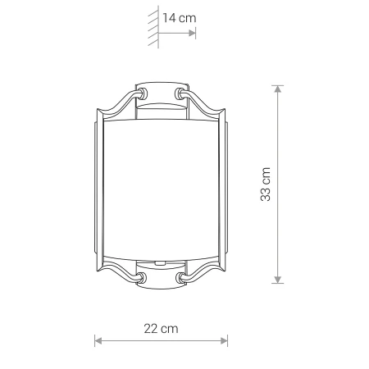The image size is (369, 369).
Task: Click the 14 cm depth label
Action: [180, 18]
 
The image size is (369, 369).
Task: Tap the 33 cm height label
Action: [266, 184]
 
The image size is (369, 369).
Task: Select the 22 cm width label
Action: [161, 329]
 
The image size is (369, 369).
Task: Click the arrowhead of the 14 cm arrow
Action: [192, 34]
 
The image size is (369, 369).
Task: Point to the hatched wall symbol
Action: [153, 27]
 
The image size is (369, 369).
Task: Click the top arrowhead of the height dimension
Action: [278, 89]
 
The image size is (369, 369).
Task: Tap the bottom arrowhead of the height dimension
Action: [278, 280]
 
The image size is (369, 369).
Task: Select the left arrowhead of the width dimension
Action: [98, 341]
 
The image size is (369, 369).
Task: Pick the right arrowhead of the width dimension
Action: [224, 341]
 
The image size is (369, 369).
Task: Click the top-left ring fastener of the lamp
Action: [143, 93]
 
